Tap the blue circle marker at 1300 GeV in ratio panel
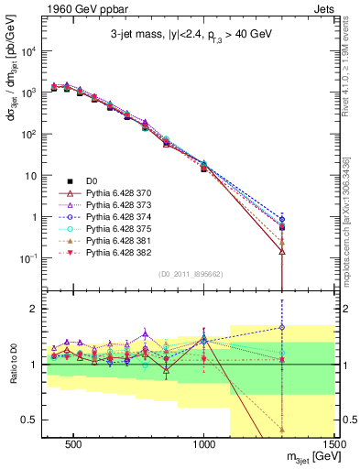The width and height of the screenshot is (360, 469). point(282,327)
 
